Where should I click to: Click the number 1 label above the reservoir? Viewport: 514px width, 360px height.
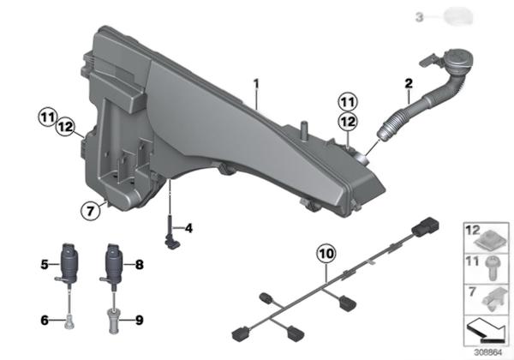point(256,84)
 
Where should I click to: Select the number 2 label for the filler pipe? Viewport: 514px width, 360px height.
point(409,84)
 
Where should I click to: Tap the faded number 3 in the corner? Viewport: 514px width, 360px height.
point(420,17)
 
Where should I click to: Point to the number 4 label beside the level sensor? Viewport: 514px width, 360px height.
point(188,228)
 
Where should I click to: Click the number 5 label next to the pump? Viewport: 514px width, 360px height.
point(45,264)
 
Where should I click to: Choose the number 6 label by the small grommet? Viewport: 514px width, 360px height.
point(45,320)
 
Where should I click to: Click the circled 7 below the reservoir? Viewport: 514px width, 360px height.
point(90,211)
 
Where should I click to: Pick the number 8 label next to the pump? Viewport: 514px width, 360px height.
point(140,265)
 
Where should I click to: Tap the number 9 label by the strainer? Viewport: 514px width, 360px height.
point(140,320)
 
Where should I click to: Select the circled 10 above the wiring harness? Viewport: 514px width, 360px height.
point(326,254)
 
